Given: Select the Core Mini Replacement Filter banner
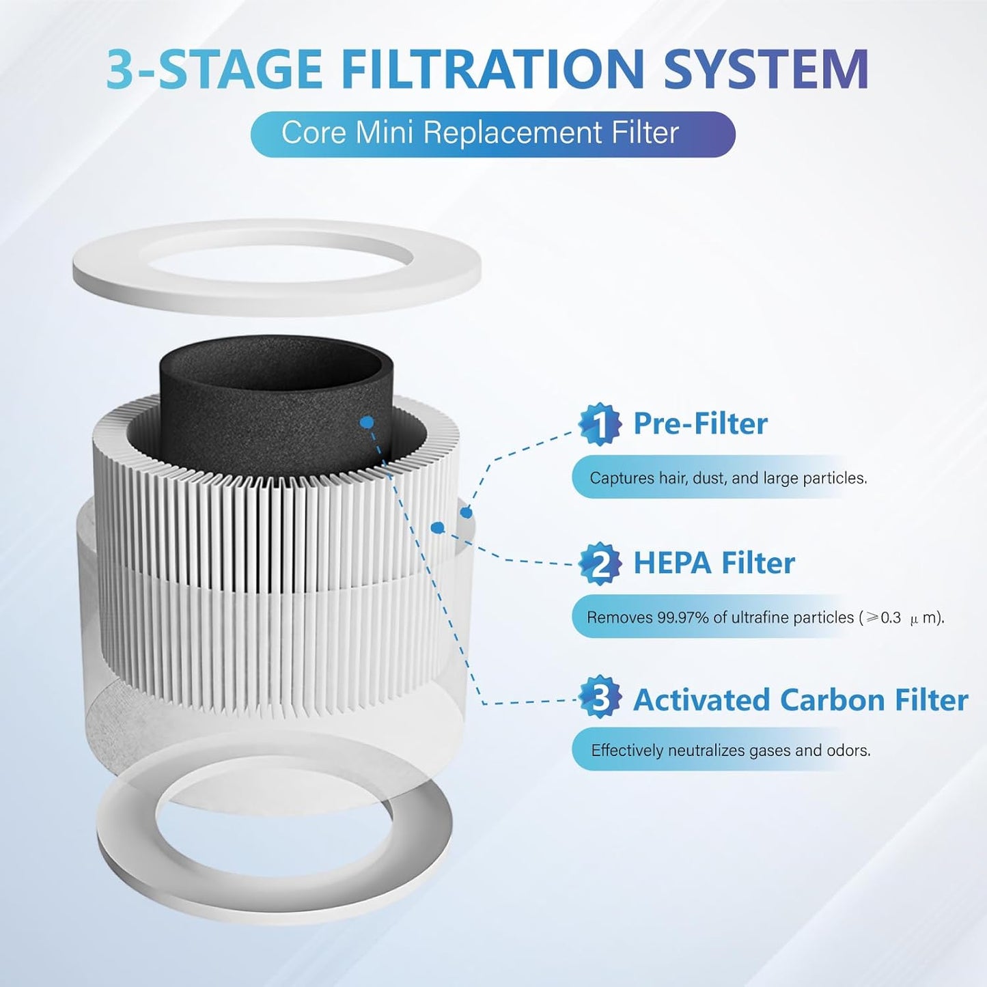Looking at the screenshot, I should pos(492,134).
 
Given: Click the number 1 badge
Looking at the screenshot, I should pos(600,424).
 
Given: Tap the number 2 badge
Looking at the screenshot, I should pos(600,564).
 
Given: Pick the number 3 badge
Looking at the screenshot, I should pos(600,698).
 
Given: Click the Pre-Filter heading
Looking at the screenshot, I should pos(700,424).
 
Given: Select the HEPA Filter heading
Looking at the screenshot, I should pos(714,564).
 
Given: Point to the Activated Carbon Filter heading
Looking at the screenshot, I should pos(800,701).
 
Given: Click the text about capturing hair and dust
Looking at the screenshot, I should pos(727,478).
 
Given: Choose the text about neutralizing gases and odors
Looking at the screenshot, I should pos(730,751).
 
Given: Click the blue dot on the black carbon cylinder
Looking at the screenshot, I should pos(367,423).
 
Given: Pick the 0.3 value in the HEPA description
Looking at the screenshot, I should pos(891,618).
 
